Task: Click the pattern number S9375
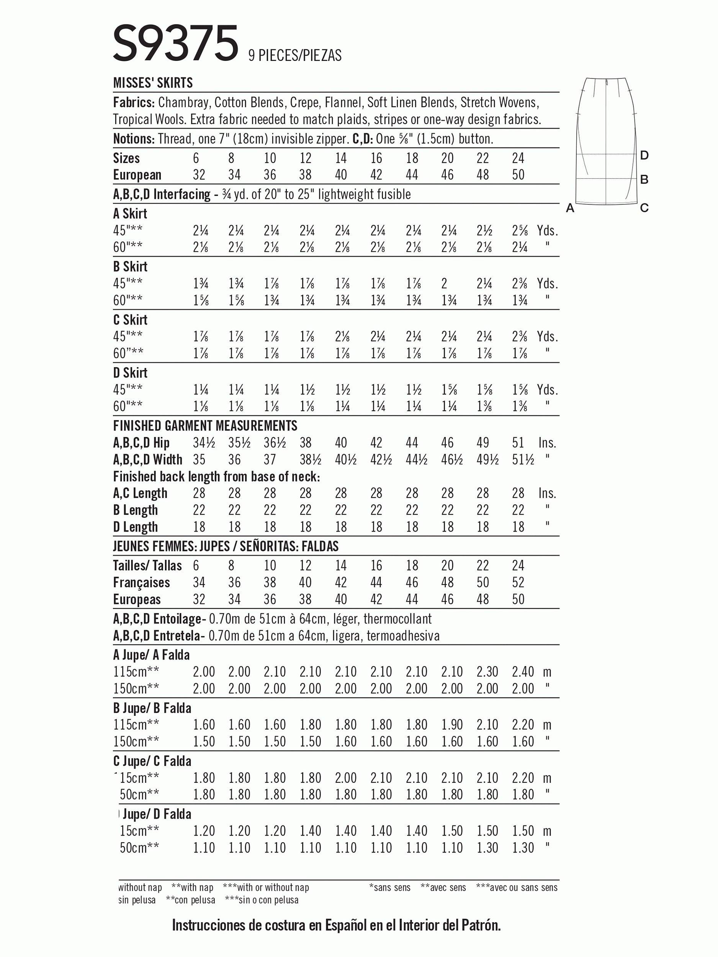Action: coord(175,43)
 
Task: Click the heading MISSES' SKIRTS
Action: coord(153,83)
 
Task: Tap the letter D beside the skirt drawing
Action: coord(644,155)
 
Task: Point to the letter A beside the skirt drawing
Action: coord(570,209)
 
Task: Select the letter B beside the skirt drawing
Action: coord(644,180)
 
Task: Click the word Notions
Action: coord(133,139)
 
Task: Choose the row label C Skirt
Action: coord(130,320)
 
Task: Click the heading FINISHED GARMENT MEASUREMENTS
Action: coord(205,426)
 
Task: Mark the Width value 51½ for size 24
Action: coord(522,459)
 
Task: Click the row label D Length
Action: coord(136,527)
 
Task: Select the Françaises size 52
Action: coord(518,582)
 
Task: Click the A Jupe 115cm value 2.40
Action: coord(522,672)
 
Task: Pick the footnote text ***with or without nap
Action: coord(266,888)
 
